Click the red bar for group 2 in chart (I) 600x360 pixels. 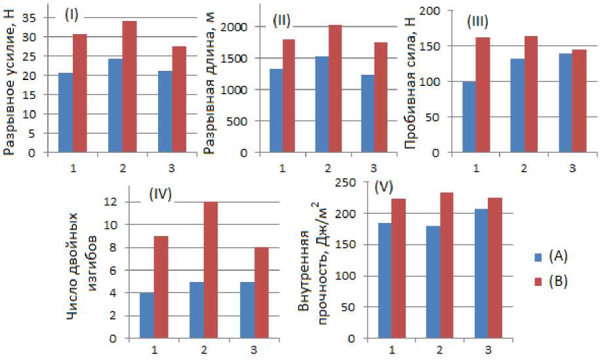[x=130, y=87]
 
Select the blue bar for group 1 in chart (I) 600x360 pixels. [x=66, y=113]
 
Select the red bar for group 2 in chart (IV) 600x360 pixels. [x=212, y=270]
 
